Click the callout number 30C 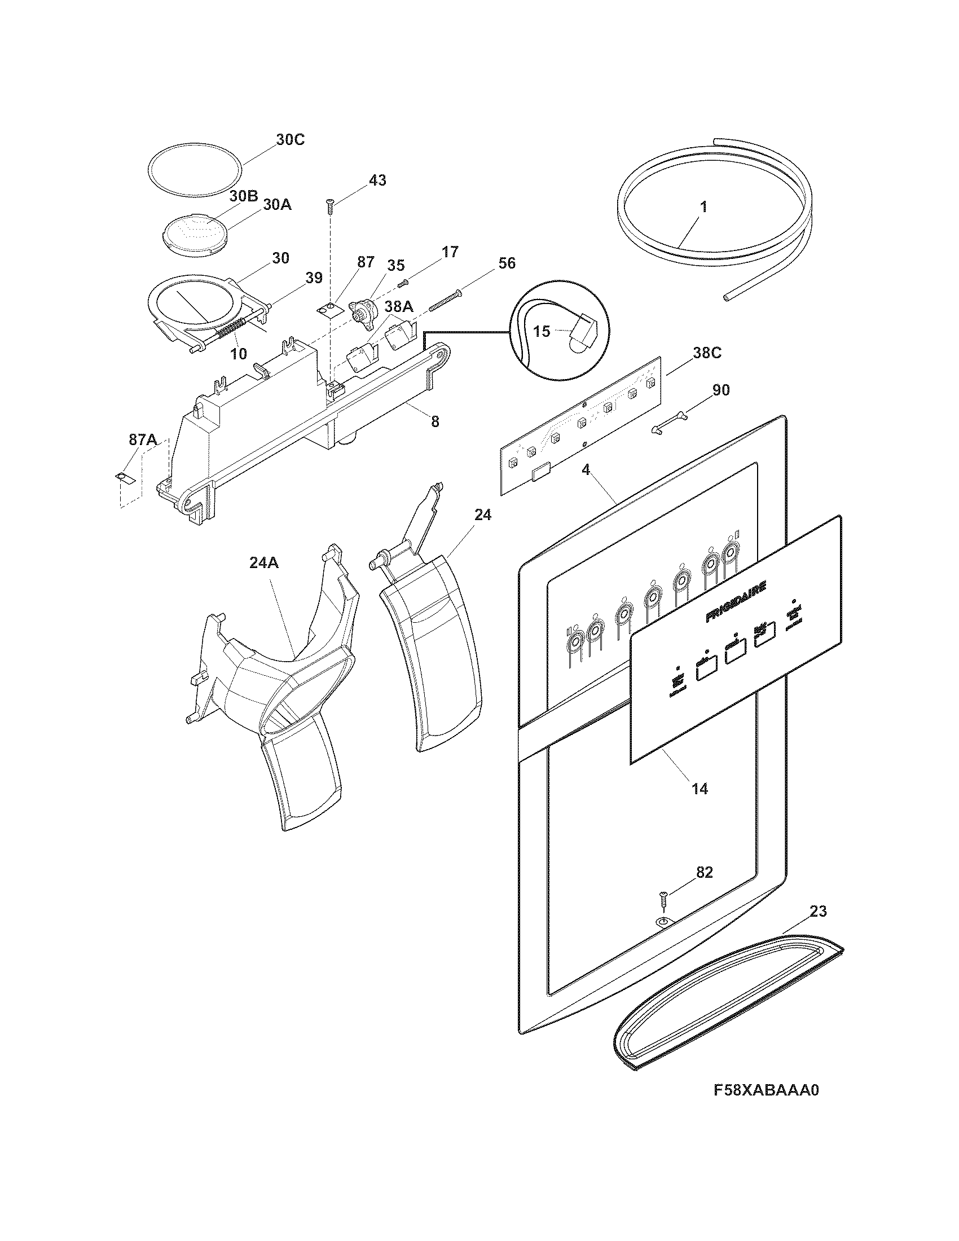click(x=290, y=140)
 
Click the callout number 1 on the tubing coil click(x=703, y=208)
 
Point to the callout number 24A click(x=264, y=563)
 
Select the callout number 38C click(x=707, y=354)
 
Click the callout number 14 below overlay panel click(x=700, y=789)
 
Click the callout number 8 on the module click(x=434, y=421)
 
